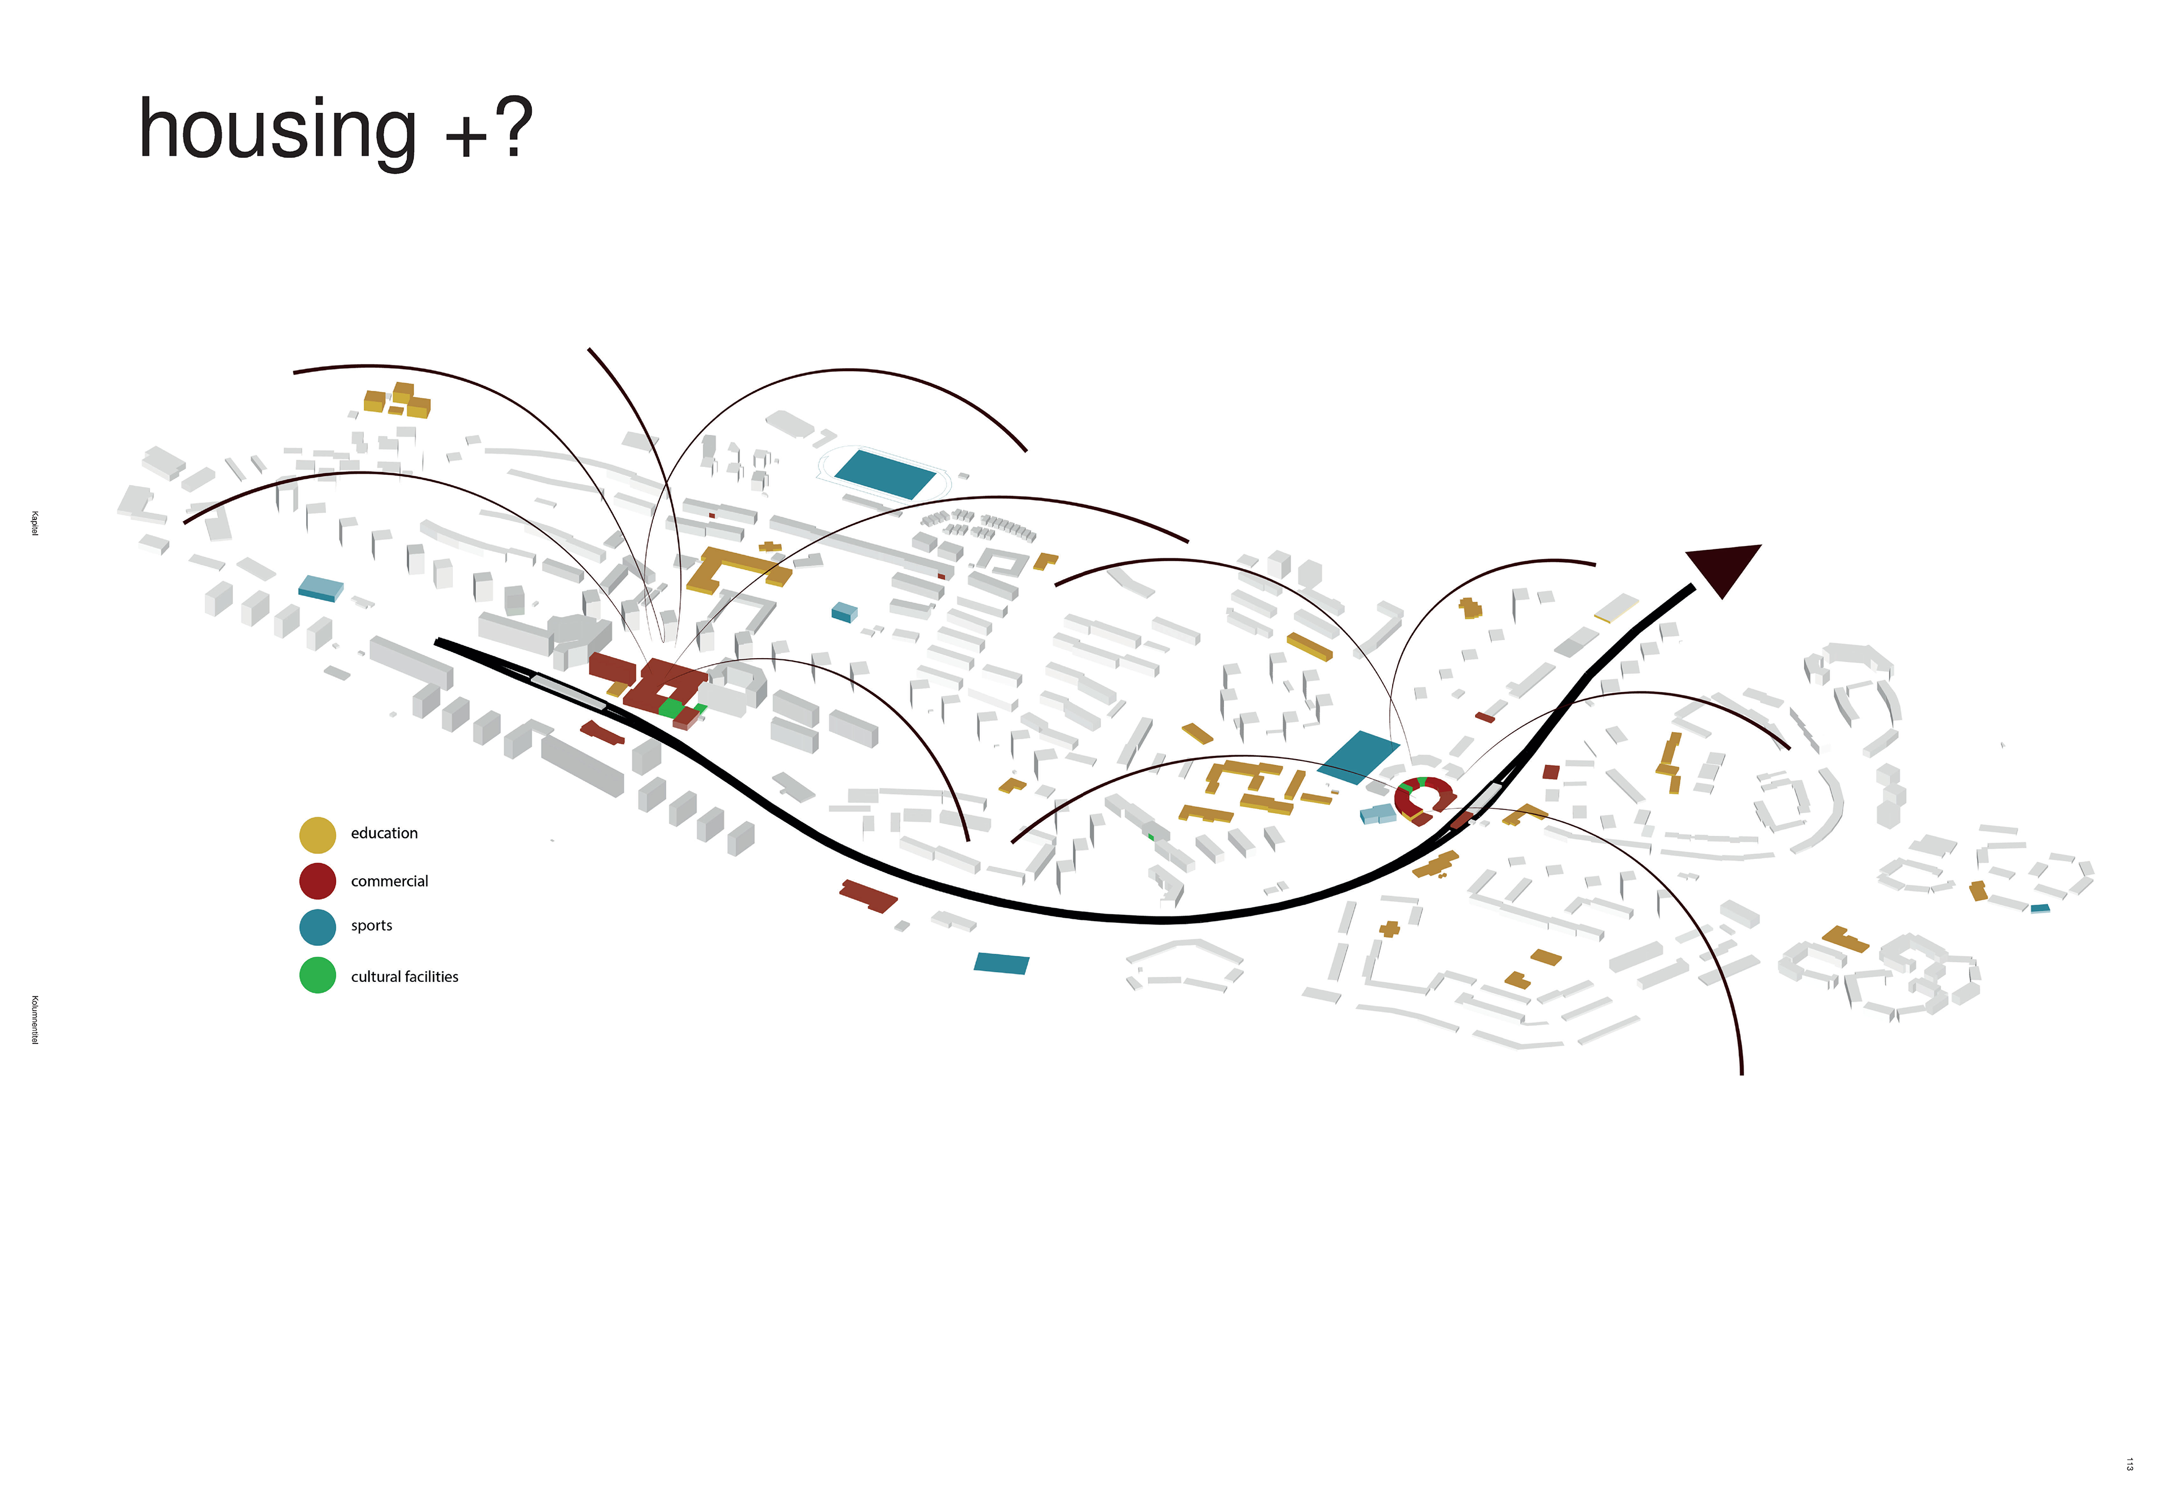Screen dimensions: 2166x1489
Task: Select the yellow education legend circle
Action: click(x=317, y=835)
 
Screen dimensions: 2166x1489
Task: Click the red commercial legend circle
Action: click(x=317, y=881)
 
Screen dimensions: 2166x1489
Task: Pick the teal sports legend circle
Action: click(x=317, y=927)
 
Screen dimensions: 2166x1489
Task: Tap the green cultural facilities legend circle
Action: click(x=317, y=976)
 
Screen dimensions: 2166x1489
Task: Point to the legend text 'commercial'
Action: click(x=389, y=882)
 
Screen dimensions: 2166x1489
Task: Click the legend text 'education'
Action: click(x=384, y=833)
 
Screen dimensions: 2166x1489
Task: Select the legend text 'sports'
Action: click(x=371, y=926)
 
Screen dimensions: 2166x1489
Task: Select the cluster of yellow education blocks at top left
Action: click(x=397, y=401)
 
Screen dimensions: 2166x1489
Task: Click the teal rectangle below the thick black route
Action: click(x=1001, y=964)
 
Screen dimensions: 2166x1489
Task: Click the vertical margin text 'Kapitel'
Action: click(x=34, y=523)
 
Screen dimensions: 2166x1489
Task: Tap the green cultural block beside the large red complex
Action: click(x=671, y=708)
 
